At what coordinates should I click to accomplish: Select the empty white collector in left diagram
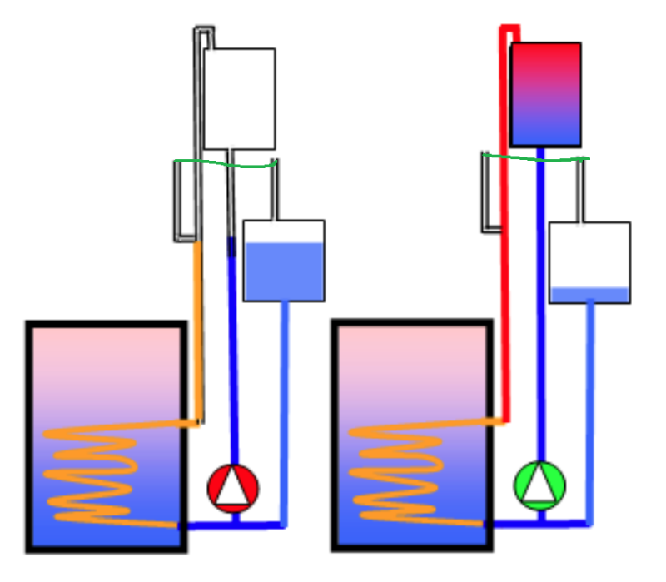point(240,98)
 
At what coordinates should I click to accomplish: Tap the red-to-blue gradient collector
point(545,94)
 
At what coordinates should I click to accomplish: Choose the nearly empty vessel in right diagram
point(589,261)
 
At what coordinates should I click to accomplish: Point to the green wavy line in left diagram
point(225,164)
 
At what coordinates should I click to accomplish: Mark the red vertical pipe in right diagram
point(504,291)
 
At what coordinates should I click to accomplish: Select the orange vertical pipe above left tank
point(198,333)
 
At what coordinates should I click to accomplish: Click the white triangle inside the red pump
point(233,488)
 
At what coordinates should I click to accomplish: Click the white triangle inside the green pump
point(540,485)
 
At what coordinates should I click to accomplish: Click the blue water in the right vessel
point(589,295)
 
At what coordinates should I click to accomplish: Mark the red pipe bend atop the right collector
point(509,29)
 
